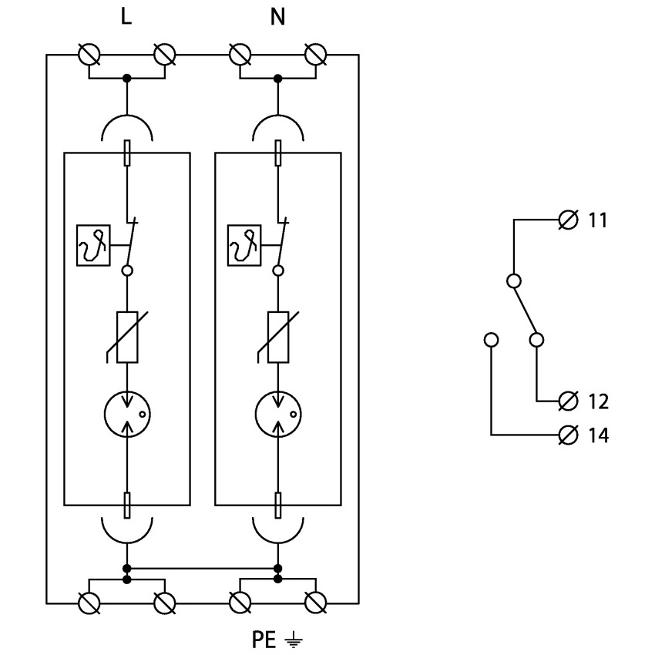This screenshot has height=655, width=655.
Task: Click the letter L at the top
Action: tap(126, 17)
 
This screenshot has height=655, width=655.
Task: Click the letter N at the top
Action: tap(277, 17)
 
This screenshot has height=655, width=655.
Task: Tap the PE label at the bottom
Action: tap(264, 640)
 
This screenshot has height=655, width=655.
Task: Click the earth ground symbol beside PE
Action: tap(294, 640)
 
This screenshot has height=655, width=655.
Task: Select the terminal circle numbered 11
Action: tap(568, 220)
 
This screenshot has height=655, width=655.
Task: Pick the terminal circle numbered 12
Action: tap(568, 401)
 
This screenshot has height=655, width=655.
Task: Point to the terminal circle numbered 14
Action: tap(568, 435)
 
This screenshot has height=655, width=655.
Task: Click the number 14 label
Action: tap(599, 435)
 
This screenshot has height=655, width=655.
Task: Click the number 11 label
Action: tap(598, 220)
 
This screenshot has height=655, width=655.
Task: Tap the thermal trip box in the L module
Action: tap(93, 246)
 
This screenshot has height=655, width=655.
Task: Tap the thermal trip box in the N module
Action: tap(244, 246)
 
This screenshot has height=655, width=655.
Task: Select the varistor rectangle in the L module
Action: tap(127, 337)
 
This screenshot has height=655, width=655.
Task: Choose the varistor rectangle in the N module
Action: tap(277, 337)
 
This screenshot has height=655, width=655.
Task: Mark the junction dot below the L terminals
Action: tap(127, 78)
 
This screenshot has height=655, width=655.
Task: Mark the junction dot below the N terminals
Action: tap(277, 78)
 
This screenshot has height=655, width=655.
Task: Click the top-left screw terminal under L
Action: tap(89, 55)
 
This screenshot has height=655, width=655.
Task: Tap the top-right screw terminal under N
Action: tap(316, 55)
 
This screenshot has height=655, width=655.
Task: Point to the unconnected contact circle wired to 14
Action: tap(491, 340)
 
